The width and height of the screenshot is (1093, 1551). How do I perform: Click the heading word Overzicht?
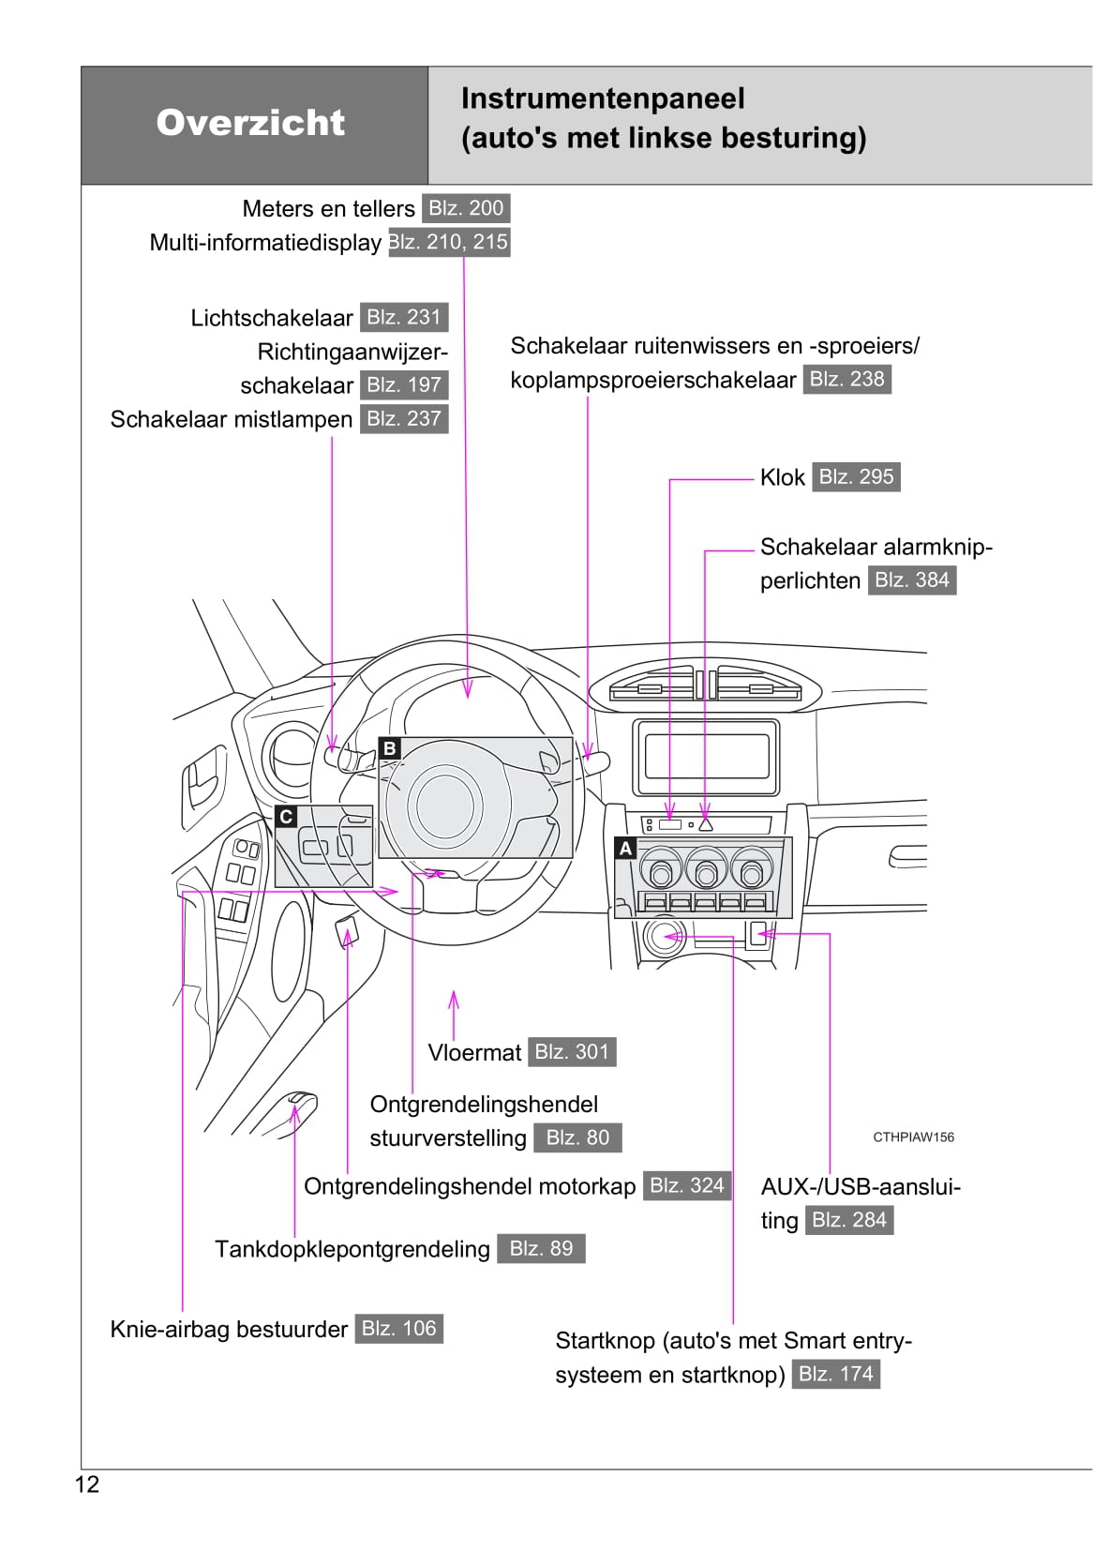coord(250,123)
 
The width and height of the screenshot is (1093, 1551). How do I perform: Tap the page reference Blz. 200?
coord(466,208)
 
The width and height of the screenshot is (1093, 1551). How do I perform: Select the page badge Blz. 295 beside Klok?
coord(856,476)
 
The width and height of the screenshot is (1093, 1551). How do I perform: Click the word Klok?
coord(782,477)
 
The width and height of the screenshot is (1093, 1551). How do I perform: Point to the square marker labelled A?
coord(625,849)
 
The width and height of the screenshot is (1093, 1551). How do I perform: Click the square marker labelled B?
coord(389,748)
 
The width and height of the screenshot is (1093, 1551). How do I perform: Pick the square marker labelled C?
coord(287,817)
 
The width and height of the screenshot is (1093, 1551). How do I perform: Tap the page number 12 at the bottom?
coord(87,1484)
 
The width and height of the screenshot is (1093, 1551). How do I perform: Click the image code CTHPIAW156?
coord(913,1137)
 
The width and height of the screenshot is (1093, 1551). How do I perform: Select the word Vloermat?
coord(474,1053)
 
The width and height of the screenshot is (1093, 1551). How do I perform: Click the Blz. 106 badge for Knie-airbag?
coord(398,1329)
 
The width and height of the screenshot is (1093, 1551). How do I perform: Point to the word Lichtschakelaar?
coord(272,318)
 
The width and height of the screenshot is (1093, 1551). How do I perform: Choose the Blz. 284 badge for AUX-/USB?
coord(848,1220)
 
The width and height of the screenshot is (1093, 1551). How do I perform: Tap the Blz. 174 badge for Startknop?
coord(835,1374)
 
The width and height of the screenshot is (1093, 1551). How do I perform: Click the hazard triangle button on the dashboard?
coord(706,825)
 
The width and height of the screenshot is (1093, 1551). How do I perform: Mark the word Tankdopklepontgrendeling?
coord(352,1249)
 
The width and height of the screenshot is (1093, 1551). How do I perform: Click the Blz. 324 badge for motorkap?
coord(687,1185)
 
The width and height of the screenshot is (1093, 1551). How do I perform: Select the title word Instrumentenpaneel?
coord(603,98)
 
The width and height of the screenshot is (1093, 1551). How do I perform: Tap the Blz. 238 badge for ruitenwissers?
coord(846,379)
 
